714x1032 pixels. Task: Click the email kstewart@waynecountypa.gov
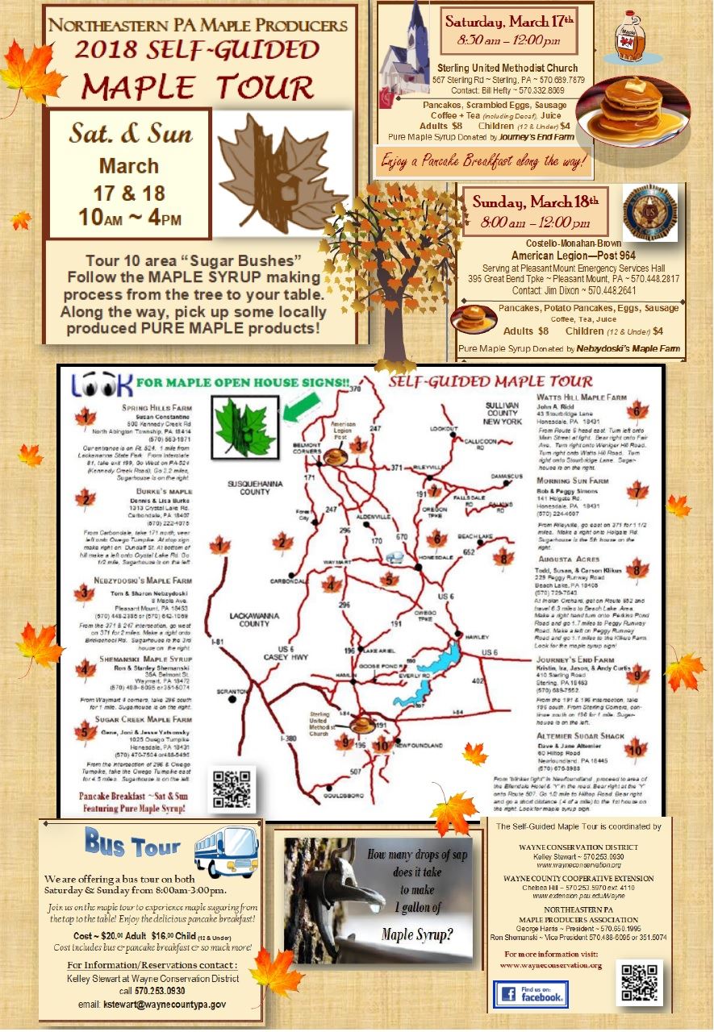[x=152, y=1005]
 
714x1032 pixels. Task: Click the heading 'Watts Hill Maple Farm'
[x=581, y=397]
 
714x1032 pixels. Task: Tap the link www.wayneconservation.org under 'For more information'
[x=551, y=965]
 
